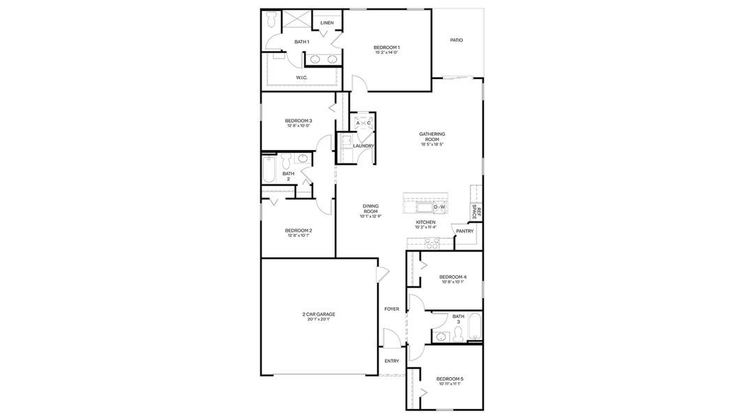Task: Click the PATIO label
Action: (x=456, y=41)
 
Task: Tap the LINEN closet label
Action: (x=327, y=23)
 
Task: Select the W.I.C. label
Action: (x=302, y=78)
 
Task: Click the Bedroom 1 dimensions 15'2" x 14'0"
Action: (x=386, y=52)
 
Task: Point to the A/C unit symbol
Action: (x=363, y=123)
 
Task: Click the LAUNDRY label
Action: (x=363, y=146)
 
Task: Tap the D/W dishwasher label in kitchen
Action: (x=439, y=207)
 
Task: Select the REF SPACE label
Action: (x=476, y=212)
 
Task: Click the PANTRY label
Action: (x=464, y=231)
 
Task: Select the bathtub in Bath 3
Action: (x=474, y=328)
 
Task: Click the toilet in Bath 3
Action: (x=457, y=336)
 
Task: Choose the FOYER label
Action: (x=391, y=309)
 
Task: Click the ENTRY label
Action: (x=391, y=361)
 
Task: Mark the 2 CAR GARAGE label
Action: (x=319, y=314)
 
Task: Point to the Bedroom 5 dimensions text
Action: (x=450, y=384)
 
